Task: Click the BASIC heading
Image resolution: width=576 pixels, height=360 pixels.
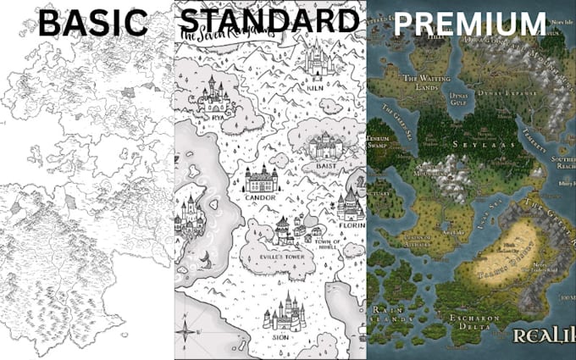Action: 93,23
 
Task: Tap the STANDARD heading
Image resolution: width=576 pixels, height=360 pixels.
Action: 269,20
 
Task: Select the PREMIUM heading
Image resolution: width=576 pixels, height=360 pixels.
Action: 469,24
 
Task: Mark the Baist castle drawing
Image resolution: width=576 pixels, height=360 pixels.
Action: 325,145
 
